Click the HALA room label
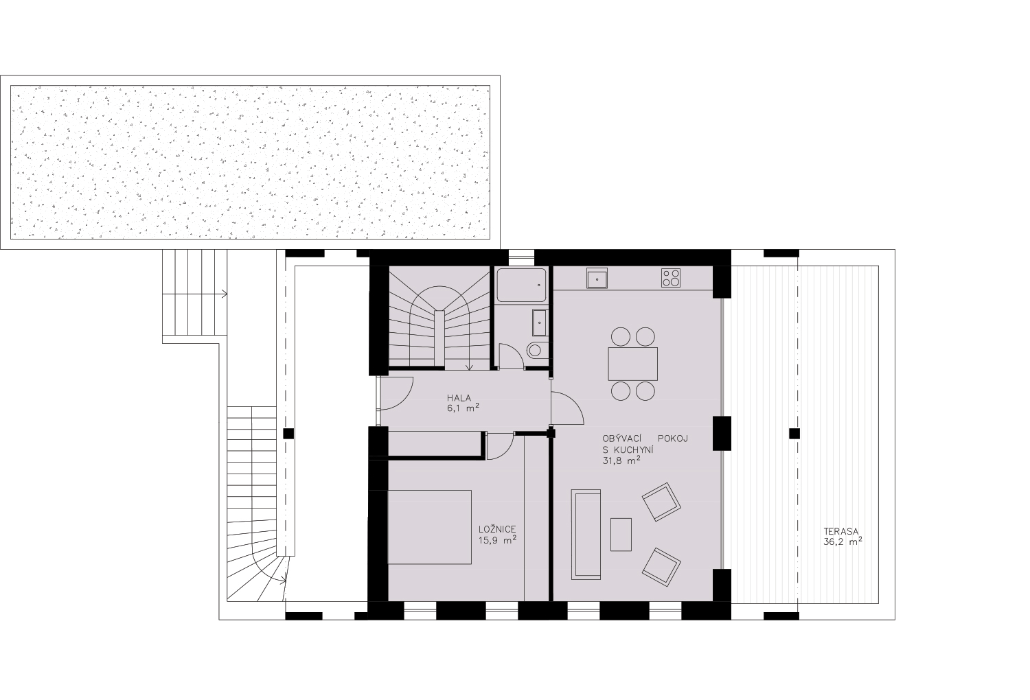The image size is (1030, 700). pos(459,397)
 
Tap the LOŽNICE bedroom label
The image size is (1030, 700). pos(497,530)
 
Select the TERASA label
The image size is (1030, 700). pos(841,532)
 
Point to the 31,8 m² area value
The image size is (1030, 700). pos(621,460)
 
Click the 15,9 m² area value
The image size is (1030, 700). pos(497,540)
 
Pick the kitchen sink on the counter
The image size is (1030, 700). pos(597,278)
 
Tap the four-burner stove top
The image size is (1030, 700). pos(671,278)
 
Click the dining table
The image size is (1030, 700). pos(632,364)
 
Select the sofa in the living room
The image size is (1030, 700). pos(586,535)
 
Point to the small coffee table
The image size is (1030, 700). pos(621,535)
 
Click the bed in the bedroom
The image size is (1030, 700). pos(430,527)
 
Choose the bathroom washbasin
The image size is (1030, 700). pos(539,323)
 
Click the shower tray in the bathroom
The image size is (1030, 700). pos(522,285)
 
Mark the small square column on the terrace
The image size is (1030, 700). pos(794,434)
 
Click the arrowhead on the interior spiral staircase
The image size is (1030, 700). pos(470,366)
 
